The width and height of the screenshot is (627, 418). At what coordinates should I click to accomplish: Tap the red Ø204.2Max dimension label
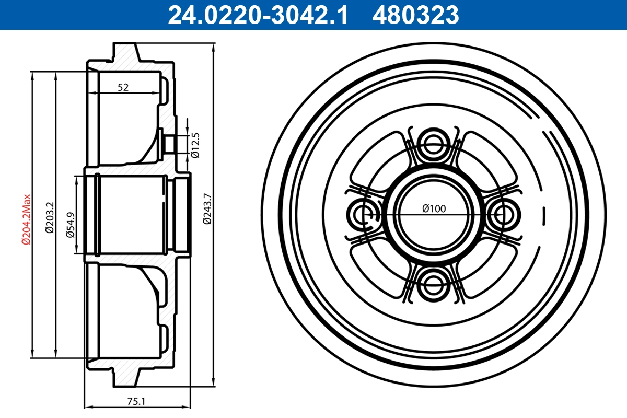[x=26, y=219]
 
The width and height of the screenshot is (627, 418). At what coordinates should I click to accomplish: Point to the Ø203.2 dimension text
[x=50, y=216]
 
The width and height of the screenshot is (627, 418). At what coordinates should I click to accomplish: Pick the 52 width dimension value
[x=123, y=88]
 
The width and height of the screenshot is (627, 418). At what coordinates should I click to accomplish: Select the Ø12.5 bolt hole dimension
[x=195, y=145]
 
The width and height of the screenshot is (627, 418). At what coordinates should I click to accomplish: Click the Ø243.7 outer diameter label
[x=207, y=209]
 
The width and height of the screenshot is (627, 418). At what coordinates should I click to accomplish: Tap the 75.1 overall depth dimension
[x=136, y=401]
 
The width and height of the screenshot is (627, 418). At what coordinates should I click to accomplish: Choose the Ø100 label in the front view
[x=434, y=208]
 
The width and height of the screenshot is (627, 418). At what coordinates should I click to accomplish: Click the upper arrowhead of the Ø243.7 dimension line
[x=214, y=48]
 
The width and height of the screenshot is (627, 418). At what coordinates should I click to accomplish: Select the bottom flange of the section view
[x=125, y=377]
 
